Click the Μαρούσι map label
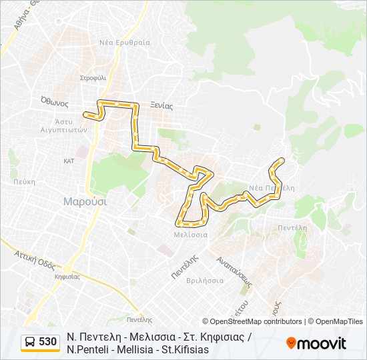pos(85,201)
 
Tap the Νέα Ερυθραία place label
pos(125,43)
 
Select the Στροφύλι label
pos(93,78)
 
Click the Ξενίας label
pos(161,105)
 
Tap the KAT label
pos(69,161)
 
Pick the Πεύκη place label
pos(23,181)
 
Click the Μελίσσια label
pos(191,235)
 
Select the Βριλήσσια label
pos(206,281)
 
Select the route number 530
pos(47,342)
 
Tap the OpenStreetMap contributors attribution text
pos(252,321)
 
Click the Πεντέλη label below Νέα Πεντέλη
pos(292,227)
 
